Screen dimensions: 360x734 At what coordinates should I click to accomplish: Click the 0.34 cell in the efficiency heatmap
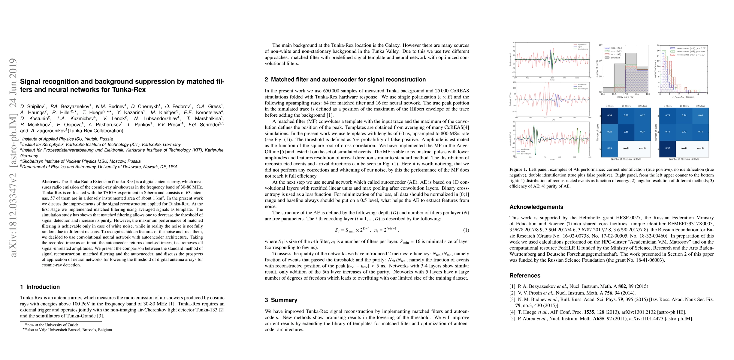click(x=609, y=115)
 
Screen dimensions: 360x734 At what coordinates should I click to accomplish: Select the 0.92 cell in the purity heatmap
click(x=667, y=148)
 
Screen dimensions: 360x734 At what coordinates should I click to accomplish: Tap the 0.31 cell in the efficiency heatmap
click(x=626, y=132)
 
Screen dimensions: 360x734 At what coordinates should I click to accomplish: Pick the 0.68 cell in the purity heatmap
click(x=700, y=115)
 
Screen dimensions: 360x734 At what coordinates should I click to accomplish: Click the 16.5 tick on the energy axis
click(x=614, y=94)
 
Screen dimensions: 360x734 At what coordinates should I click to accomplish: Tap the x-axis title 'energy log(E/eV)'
click(x=625, y=97)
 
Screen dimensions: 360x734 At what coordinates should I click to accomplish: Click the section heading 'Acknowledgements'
click(x=536, y=207)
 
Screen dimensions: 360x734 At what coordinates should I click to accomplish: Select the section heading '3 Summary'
click(x=281, y=300)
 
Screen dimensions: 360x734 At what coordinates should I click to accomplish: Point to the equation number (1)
click(x=466, y=230)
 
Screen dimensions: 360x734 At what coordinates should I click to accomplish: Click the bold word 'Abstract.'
click(x=51, y=182)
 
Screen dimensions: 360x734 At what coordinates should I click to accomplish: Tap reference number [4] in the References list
click(x=512, y=312)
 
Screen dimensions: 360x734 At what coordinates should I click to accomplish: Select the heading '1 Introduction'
click(x=40, y=287)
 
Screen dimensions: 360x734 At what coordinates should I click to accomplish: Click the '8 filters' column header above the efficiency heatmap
click(x=609, y=106)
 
